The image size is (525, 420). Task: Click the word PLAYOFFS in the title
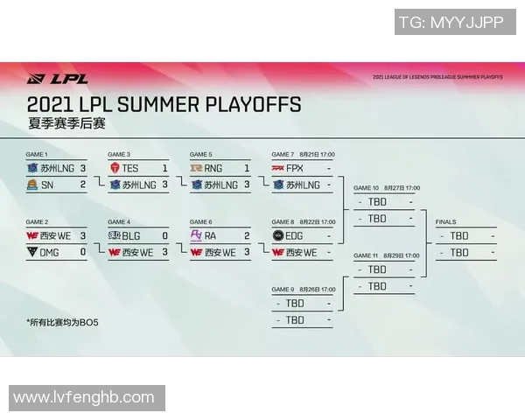(x=253, y=105)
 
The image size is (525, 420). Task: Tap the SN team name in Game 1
(x=46, y=185)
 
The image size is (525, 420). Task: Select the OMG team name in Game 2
(x=51, y=252)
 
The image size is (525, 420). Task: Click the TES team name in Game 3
(x=130, y=168)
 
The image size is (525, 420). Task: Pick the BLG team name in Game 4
(x=131, y=235)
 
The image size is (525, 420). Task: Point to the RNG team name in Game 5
(x=214, y=168)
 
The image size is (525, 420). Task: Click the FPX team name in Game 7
(x=295, y=168)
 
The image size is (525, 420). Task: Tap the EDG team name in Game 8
(x=296, y=235)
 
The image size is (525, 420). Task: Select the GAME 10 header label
(x=366, y=187)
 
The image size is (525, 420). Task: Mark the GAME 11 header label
(x=366, y=255)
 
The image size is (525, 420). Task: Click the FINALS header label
(x=445, y=222)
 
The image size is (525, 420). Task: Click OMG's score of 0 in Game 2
(x=82, y=252)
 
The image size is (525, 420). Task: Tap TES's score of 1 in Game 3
(x=164, y=168)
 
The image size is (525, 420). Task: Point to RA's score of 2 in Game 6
(x=247, y=235)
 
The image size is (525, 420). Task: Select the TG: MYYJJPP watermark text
(x=451, y=23)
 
